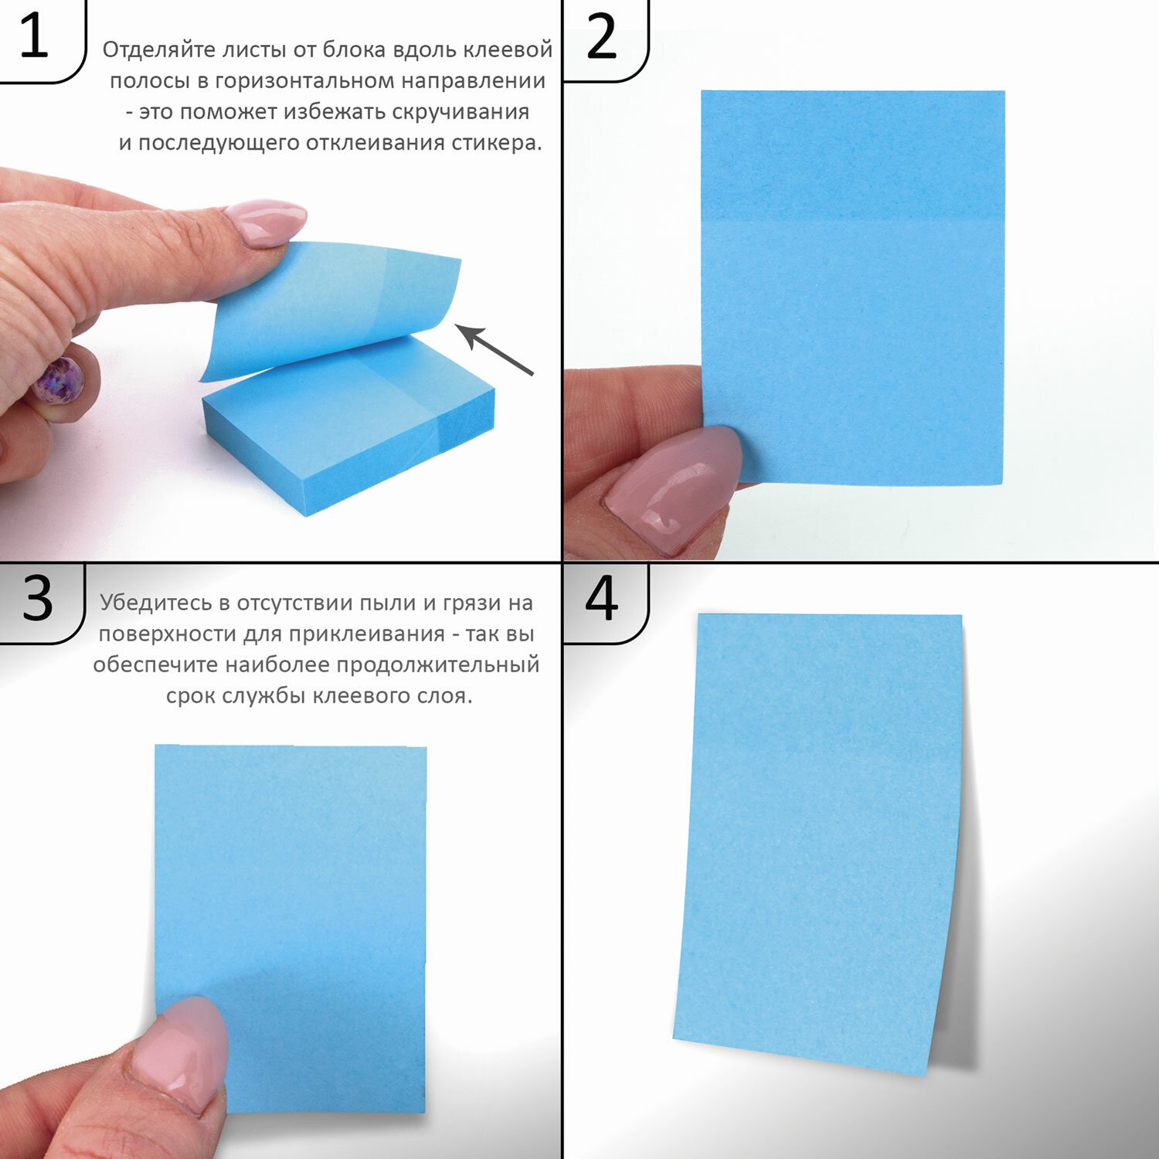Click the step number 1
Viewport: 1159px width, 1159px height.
(x=33, y=36)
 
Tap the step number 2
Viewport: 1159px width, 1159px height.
(x=602, y=36)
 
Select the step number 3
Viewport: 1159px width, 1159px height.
(x=37, y=598)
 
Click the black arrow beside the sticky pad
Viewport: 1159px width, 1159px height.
(x=495, y=350)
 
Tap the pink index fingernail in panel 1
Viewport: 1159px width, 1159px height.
(x=266, y=222)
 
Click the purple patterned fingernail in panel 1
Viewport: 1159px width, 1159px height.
(x=59, y=380)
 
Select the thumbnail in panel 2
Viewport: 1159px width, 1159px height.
(x=672, y=487)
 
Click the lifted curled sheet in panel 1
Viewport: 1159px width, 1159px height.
(x=332, y=309)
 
